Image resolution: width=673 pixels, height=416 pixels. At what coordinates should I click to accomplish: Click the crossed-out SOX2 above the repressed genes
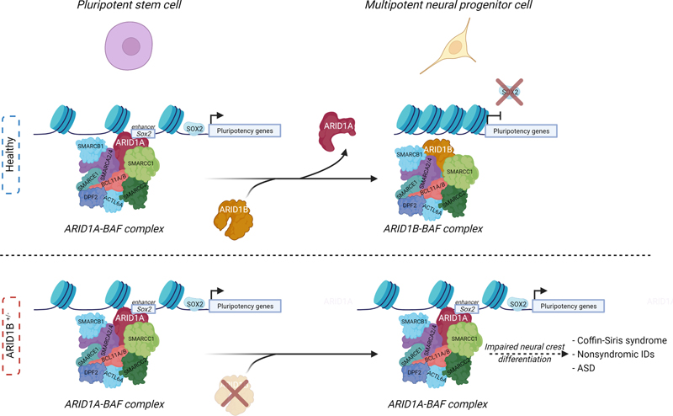click(x=510, y=92)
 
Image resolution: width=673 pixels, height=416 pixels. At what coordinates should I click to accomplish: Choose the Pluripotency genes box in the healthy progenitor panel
click(x=522, y=131)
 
